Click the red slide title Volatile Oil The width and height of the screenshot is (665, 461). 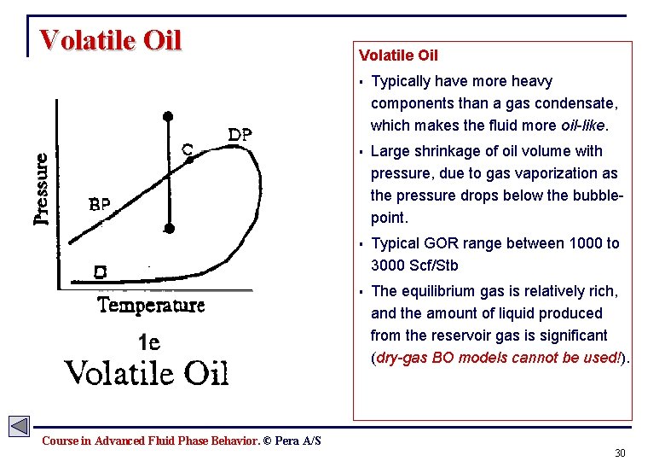111,41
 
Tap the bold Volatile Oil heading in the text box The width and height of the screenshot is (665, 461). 398,55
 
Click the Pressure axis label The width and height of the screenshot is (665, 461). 41,189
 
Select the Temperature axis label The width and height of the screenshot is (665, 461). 152,306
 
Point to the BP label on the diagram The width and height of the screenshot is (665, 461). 100,205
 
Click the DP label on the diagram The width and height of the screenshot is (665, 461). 240,135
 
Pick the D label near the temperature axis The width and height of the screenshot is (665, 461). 100,273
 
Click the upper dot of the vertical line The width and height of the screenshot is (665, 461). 169,114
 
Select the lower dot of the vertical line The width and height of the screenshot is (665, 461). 170,228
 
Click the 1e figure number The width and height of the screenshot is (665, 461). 149,342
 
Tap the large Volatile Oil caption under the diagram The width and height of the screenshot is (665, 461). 147,373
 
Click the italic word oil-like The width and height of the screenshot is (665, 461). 583,125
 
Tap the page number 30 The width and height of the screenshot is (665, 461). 620,452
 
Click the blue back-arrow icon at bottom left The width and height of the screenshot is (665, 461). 19,426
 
